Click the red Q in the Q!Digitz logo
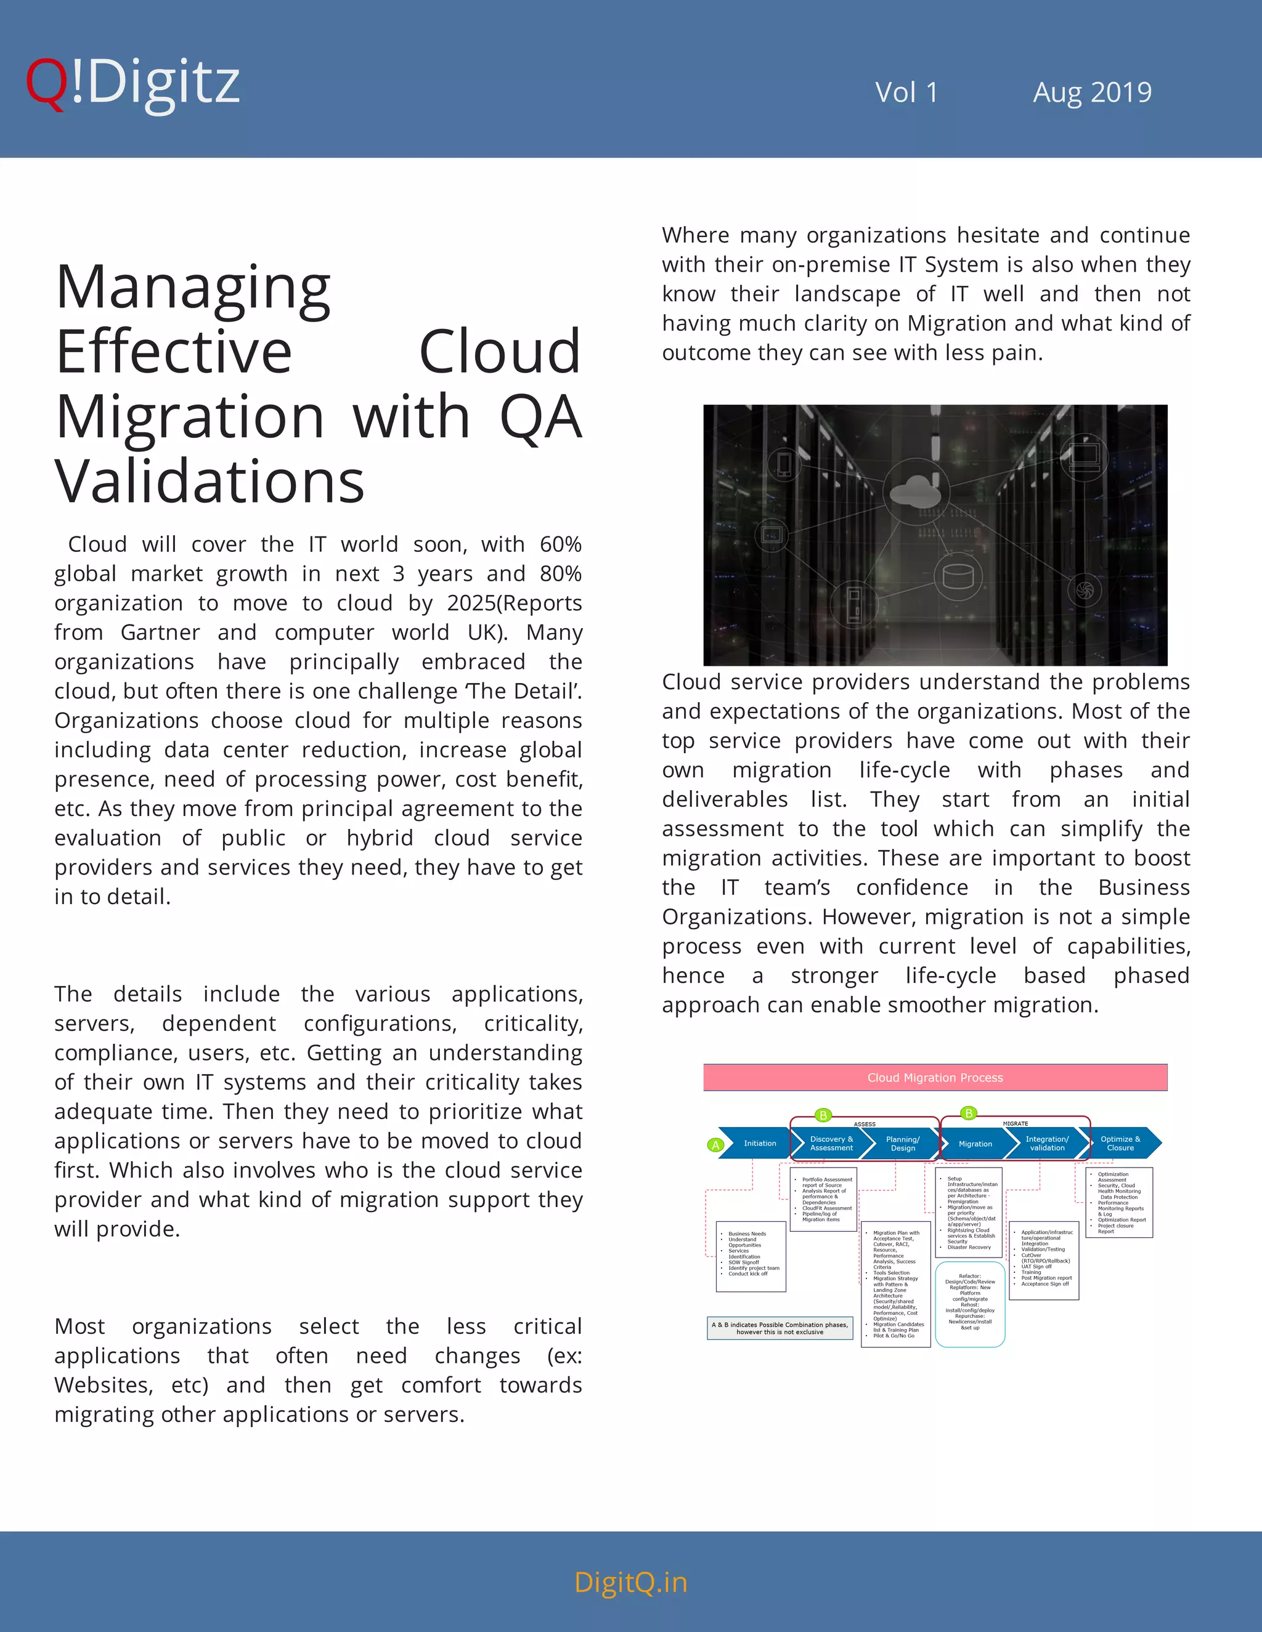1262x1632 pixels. point(46,84)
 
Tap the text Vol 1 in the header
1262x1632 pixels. point(906,92)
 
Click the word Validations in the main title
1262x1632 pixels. point(210,482)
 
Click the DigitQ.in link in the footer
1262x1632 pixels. point(630,1582)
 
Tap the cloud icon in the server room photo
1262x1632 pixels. point(916,491)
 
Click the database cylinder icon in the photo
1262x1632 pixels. point(958,575)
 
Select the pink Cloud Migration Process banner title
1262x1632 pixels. point(935,1078)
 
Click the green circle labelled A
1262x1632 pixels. point(715,1145)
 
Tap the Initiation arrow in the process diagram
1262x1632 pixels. point(759,1143)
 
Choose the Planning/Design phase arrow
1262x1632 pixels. point(902,1143)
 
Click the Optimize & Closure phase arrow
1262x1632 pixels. point(1120,1143)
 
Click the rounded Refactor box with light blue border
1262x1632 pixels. point(970,1304)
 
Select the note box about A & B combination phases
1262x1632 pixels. point(780,1328)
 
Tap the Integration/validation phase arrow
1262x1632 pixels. point(1047,1143)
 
